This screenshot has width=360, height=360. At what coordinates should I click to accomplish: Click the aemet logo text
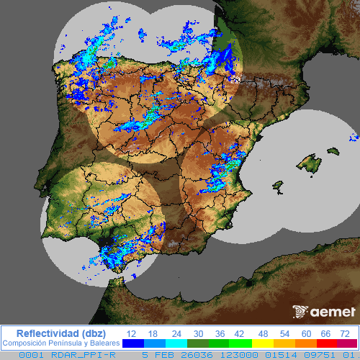coord(333,312)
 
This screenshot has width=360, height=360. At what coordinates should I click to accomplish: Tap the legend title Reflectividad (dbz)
coord(60,333)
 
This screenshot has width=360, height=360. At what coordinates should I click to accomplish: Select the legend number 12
coord(132,333)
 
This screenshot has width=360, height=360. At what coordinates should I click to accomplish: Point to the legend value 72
coord(345,333)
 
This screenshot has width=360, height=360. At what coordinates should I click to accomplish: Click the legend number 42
coord(238,333)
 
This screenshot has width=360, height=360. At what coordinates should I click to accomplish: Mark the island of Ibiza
coord(276,186)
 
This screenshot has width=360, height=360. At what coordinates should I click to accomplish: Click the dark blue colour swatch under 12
coord(132,344)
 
